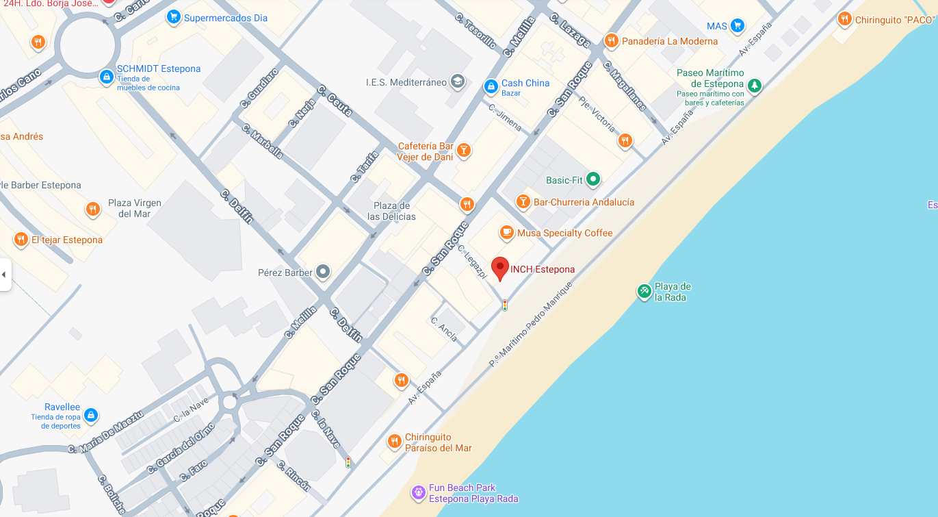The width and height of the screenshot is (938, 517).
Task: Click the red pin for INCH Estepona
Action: (x=500, y=268)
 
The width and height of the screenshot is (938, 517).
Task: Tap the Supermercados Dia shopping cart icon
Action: (x=174, y=17)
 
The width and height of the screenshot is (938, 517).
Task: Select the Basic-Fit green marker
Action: (x=593, y=179)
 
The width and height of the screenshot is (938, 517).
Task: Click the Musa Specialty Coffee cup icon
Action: (x=507, y=233)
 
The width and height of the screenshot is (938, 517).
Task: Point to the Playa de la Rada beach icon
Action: (x=644, y=291)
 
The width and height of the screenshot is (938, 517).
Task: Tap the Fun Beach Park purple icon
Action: (x=418, y=492)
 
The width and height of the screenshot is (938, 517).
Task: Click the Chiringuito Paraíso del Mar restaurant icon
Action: (x=394, y=441)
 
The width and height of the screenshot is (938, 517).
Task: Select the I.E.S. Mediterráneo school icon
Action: (x=457, y=82)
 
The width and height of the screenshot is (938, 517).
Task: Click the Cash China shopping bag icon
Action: (x=491, y=86)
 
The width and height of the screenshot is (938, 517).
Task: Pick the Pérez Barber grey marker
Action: (x=324, y=273)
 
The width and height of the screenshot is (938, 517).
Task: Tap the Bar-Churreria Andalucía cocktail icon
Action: (x=523, y=201)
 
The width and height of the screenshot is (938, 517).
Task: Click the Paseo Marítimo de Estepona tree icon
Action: (x=754, y=86)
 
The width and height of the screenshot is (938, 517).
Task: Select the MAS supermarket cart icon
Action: (x=737, y=26)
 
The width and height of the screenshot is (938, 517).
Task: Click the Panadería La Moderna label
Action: (x=670, y=41)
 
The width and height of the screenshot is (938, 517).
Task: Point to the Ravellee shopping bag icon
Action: (x=91, y=415)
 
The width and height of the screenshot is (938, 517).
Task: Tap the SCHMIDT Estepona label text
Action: (x=159, y=69)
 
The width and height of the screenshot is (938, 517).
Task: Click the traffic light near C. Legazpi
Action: (x=505, y=305)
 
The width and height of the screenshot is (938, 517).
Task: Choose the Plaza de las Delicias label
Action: (x=391, y=211)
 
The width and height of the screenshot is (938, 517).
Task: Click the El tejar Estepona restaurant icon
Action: (x=21, y=240)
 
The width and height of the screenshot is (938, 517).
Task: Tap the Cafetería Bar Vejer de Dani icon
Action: (x=464, y=150)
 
